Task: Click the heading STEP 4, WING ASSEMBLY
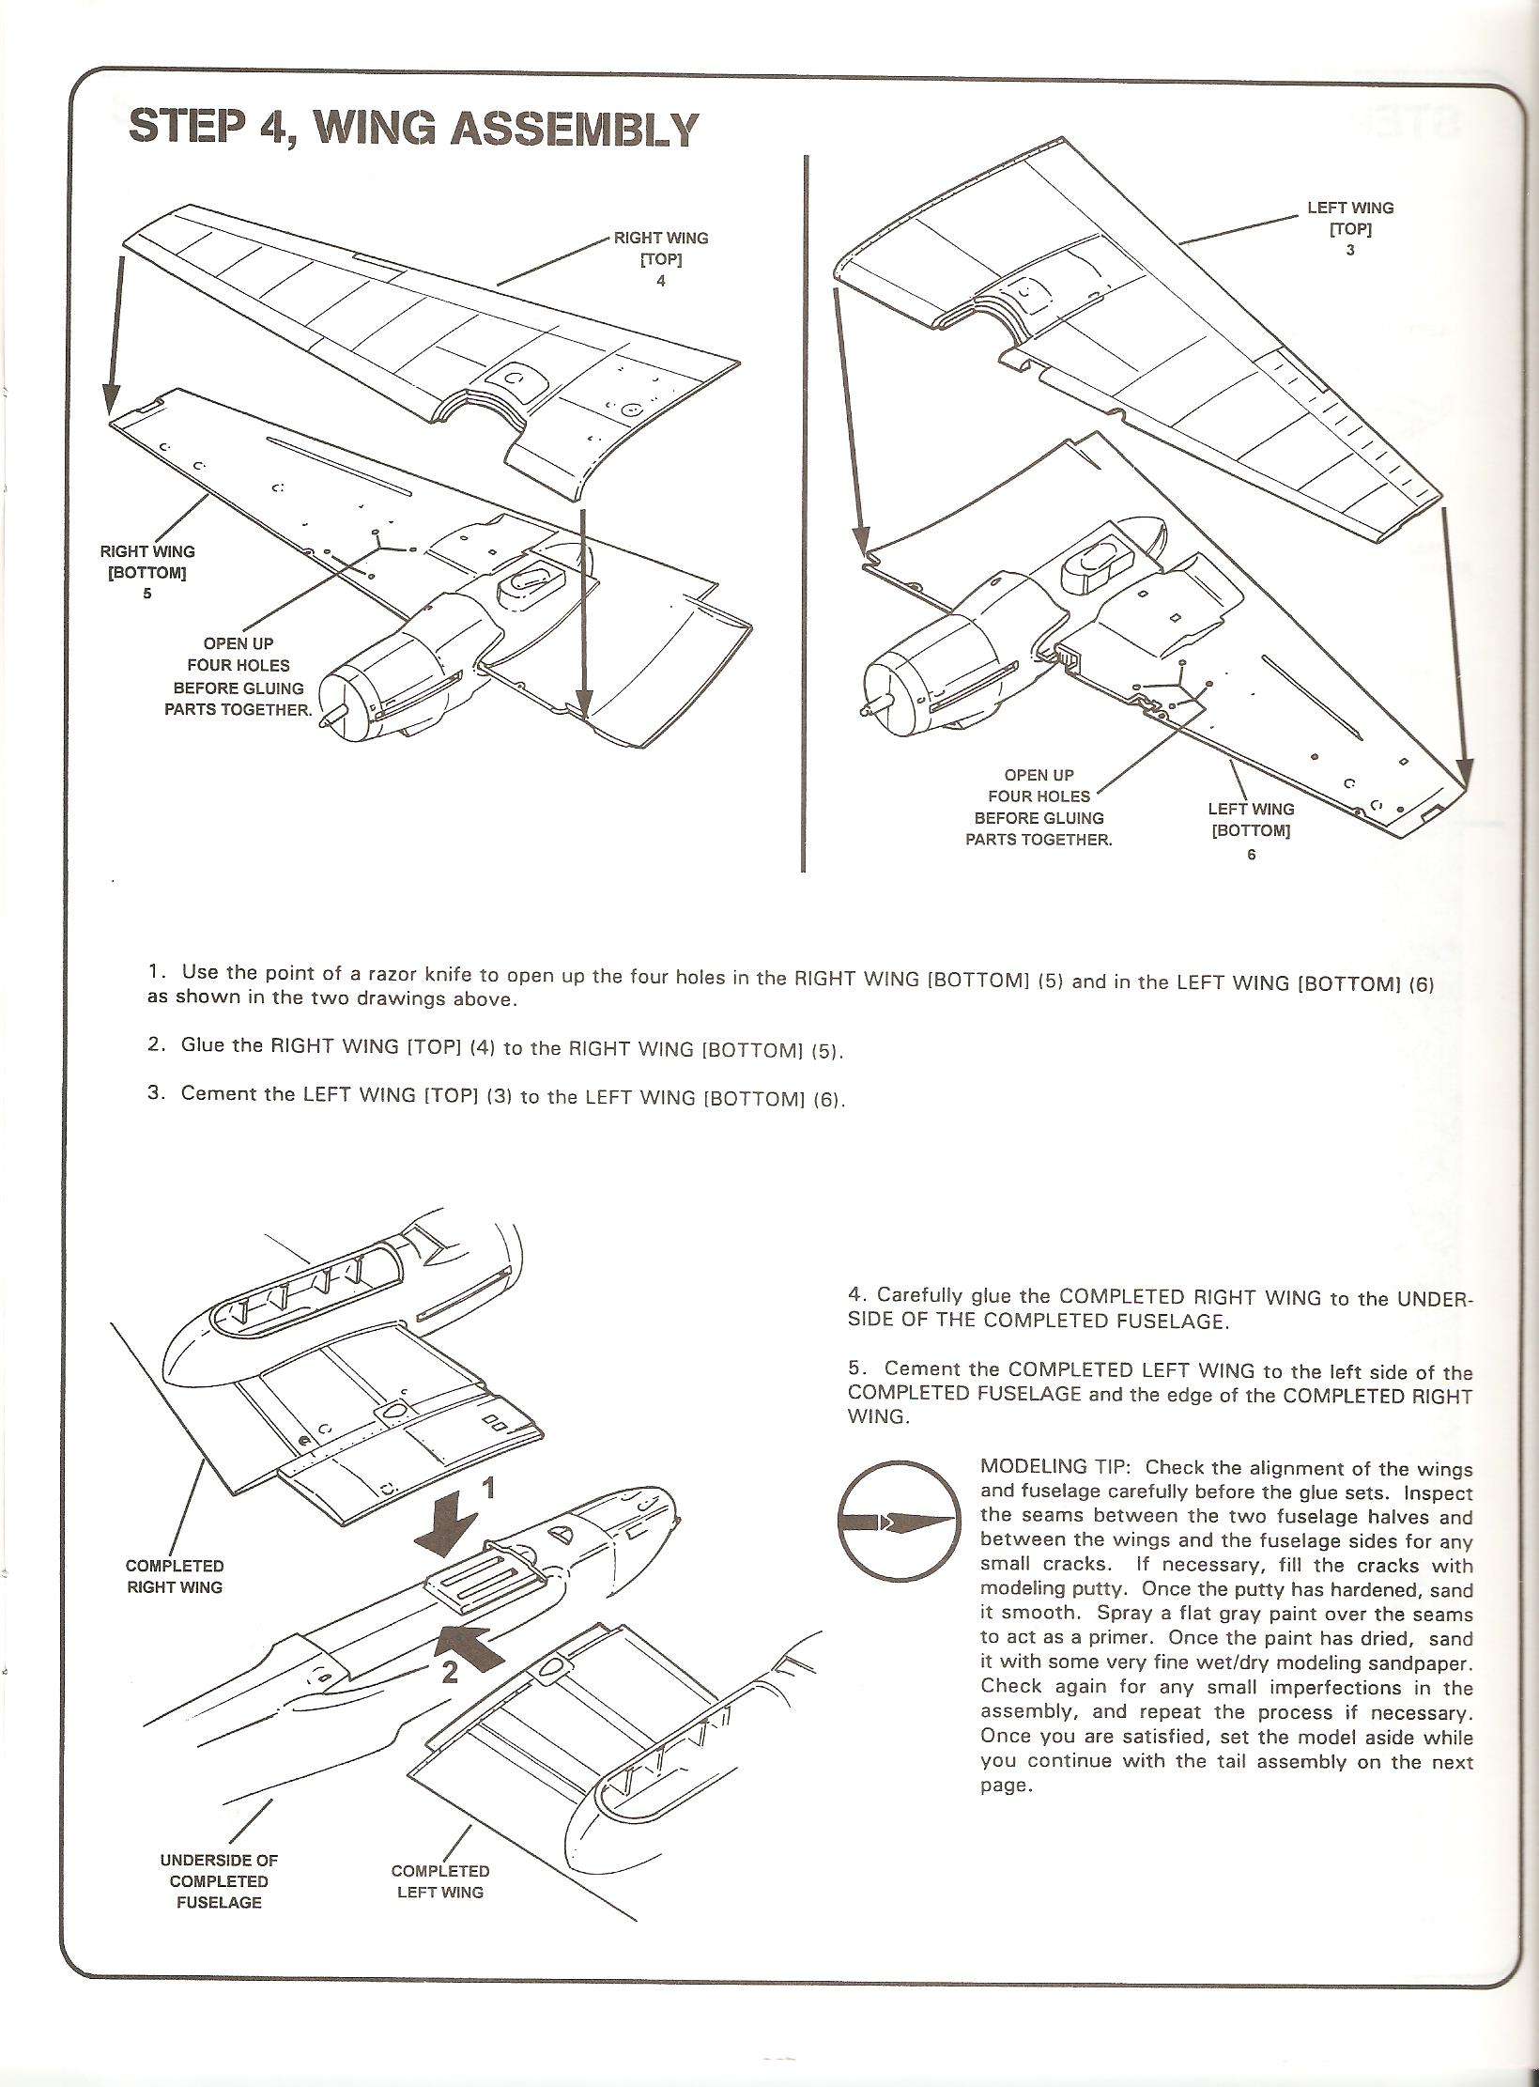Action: coord(414,129)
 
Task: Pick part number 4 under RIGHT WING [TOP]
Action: coord(661,281)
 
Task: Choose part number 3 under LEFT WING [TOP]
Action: coord(1350,251)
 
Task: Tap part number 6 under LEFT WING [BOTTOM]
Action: coord(1251,855)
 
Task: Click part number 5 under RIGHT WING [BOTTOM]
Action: coord(147,594)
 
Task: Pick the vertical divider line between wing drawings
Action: coord(804,512)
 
